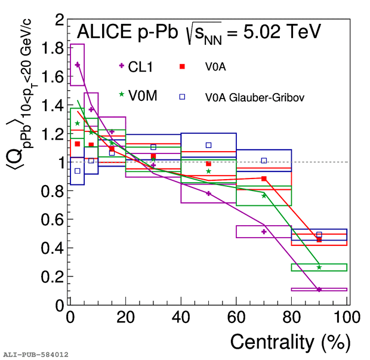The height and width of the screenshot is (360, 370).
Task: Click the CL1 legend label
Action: (141, 67)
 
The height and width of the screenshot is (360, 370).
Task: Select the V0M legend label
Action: (143, 96)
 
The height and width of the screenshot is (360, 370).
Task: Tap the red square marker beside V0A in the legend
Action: (183, 67)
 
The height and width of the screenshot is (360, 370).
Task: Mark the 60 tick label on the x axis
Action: (236, 316)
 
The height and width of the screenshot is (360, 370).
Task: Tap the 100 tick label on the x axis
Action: (346, 316)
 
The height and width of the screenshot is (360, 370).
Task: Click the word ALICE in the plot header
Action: (104, 31)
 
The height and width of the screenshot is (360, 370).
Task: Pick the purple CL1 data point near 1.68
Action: (78, 64)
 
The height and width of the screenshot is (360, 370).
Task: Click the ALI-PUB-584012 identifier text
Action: (36, 355)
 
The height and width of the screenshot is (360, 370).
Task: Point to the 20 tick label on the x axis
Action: (126, 316)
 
